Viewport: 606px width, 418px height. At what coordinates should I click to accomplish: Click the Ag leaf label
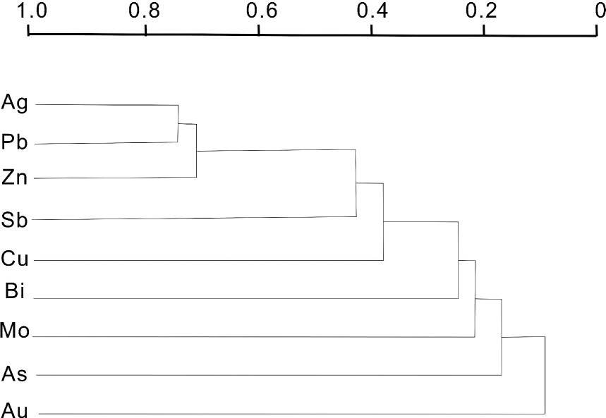[x=15, y=104]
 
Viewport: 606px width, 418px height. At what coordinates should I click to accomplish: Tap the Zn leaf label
[x=15, y=178]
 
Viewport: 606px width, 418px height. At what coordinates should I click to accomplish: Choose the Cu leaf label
[x=15, y=259]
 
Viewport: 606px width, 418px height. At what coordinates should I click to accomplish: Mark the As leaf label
[x=15, y=374]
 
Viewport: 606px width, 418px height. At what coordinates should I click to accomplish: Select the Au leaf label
[x=15, y=410]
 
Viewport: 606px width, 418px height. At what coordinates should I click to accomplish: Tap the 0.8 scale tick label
[x=145, y=11]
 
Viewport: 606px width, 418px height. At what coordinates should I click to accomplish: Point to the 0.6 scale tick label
[x=259, y=11]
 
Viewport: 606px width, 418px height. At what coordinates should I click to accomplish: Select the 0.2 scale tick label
[x=484, y=11]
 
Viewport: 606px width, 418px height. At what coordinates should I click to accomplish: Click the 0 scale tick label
[x=599, y=11]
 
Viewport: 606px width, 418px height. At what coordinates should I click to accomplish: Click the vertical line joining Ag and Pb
[x=178, y=123]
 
